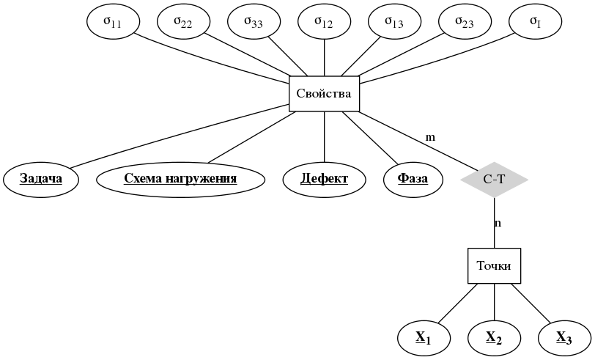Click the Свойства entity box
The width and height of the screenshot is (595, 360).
point(324,94)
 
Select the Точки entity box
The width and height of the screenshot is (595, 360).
point(494,265)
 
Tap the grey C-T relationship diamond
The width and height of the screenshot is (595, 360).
point(494,179)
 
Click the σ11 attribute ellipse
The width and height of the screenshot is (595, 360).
point(113,22)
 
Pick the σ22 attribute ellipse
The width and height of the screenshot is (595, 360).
point(183,22)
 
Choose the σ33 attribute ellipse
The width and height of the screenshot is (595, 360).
point(254,22)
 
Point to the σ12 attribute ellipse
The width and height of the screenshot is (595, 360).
point(324,22)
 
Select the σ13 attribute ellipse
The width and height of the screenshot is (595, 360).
point(394,22)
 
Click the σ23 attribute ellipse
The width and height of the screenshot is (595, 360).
point(465,22)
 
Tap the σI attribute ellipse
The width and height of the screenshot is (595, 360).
point(535,22)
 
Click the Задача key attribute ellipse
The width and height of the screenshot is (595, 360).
point(40,179)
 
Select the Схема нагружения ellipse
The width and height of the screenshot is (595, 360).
point(180,179)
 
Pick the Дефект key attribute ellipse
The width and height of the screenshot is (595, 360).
point(324,179)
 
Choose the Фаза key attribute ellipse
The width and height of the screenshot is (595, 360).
point(413,179)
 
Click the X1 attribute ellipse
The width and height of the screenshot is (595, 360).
point(424,338)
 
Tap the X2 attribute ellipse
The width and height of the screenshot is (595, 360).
point(494,338)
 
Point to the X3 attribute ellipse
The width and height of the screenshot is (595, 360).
point(564,338)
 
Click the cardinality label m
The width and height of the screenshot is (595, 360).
point(430,137)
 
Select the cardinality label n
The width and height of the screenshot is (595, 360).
point(498,223)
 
